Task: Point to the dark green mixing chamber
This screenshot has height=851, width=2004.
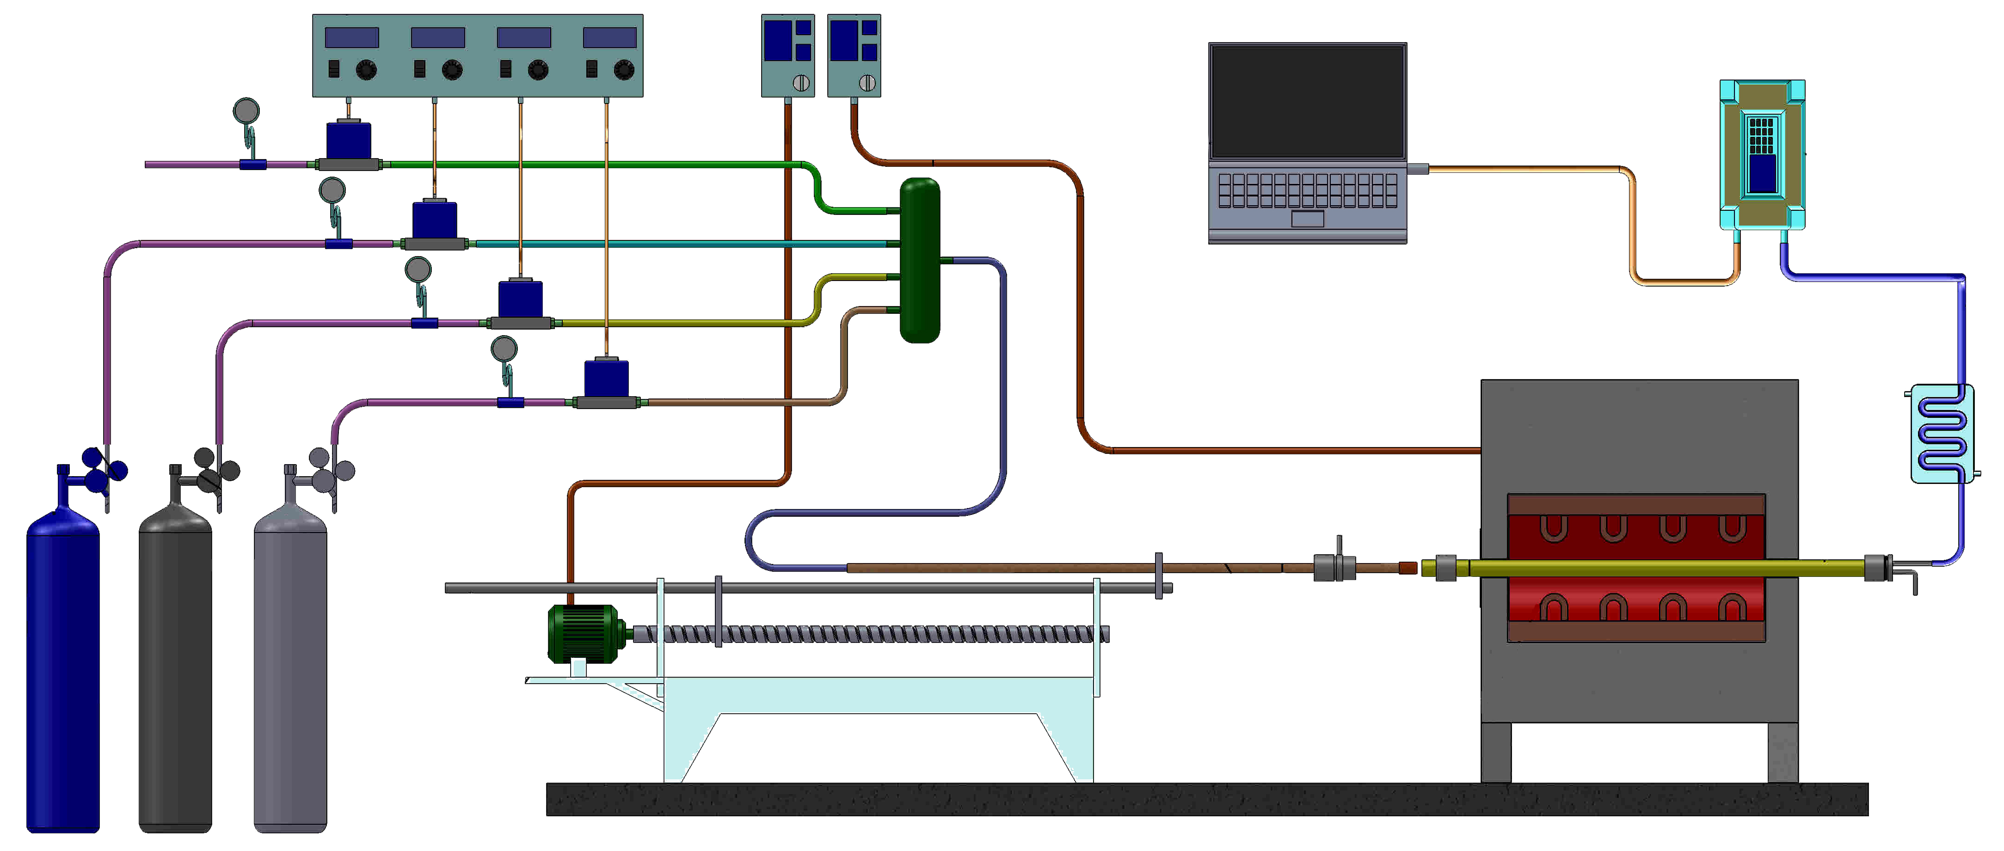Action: click(x=920, y=261)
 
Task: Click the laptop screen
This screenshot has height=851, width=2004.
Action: click(x=1307, y=101)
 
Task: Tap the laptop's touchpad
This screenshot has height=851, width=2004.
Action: click(x=1307, y=219)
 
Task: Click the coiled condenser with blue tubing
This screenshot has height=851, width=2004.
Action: click(x=1942, y=433)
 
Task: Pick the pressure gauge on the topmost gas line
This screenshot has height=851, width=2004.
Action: click(x=246, y=111)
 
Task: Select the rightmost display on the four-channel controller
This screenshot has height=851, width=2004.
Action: click(x=609, y=37)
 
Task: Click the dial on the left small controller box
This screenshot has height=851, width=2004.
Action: click(x=800, y=82)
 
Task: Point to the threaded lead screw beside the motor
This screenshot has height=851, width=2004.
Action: click(x=871, y=634)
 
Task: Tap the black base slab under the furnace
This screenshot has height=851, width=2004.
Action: click(x=1206, y=799)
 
